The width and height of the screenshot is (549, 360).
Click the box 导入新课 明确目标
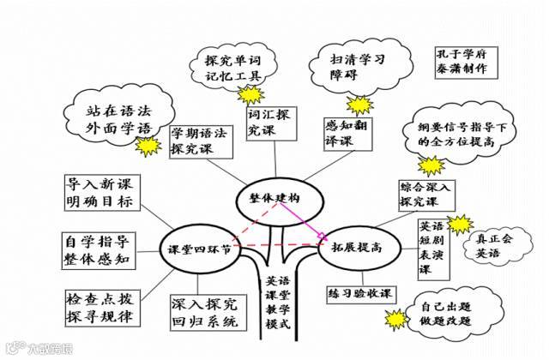101,195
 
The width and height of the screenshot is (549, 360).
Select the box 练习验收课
359,293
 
